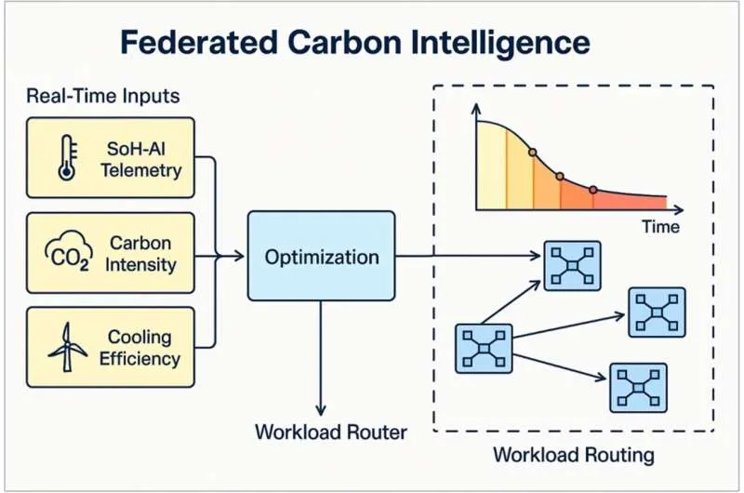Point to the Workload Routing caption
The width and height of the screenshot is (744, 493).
click(x=574, y=455)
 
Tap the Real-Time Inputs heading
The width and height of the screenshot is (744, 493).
click(x=103, y=96)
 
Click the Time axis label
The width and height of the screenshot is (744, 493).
click(x=660, y=226)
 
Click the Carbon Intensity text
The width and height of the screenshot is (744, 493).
click(x=141, y=254)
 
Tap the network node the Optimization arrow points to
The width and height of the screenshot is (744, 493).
click(x=572, y=266)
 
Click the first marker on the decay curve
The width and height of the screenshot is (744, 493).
click(x=532, y=152)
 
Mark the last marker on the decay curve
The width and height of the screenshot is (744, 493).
click(x=593, y=190)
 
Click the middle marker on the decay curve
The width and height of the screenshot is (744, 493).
click(x=560, y=175)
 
